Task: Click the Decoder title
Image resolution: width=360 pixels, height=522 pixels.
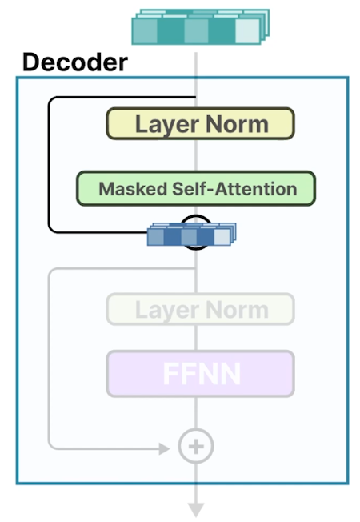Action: pyautogui.click(x=74, y=62)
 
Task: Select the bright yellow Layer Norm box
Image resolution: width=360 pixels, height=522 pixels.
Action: pyautogui.click(x=200, y=124)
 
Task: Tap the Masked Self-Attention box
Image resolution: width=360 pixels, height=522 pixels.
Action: pyautogui.click(x=197, y=189)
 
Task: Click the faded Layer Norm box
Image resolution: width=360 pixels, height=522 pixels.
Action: pyautogui.click(x=200, y=309)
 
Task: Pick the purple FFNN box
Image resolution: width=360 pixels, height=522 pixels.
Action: pyautogui.click(x=200, y=374)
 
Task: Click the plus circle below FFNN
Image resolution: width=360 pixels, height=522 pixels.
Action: pyautogui.click(x=195, y=446)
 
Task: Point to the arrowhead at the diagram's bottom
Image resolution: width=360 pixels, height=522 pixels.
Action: pyautogui.click(x=196, y=509)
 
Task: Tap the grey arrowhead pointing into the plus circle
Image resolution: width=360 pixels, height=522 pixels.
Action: pyautogui.click(x=165, y=446)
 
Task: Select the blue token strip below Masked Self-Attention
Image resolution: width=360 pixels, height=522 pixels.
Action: pyautogui.click(x=190, y=236)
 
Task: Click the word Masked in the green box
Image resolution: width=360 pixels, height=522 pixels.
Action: pyautogui.click(x=124, y=190)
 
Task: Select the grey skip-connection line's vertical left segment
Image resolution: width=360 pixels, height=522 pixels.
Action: pyautogui.click(x=49, y=360)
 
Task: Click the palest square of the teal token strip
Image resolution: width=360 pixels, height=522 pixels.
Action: pyautogui.click(x=247, y=30)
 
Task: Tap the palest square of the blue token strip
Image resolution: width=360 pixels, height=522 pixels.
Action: pyautogui.click(x=221, y=237)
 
